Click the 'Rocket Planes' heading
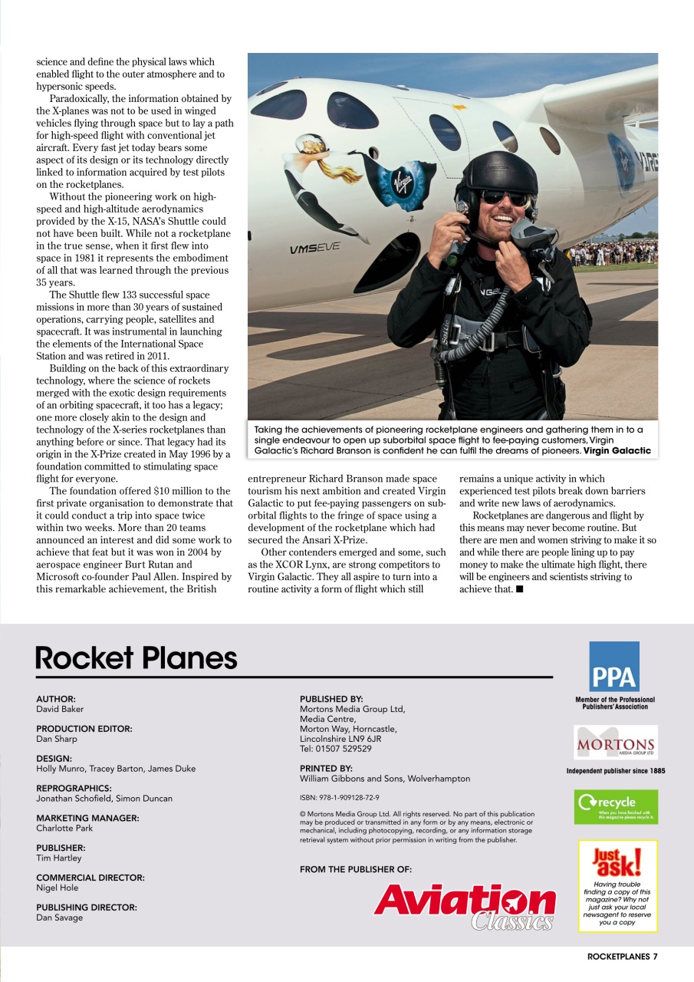136,658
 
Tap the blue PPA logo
613,667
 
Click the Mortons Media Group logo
615,743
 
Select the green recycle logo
615,807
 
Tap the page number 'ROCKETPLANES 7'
622,957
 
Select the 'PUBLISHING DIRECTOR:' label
87,907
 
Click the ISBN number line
339,798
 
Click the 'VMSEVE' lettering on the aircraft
314,249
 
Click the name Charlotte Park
64,829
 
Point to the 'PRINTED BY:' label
326,768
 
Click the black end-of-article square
520,589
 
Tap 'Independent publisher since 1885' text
615,771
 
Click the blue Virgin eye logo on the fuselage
403,183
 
